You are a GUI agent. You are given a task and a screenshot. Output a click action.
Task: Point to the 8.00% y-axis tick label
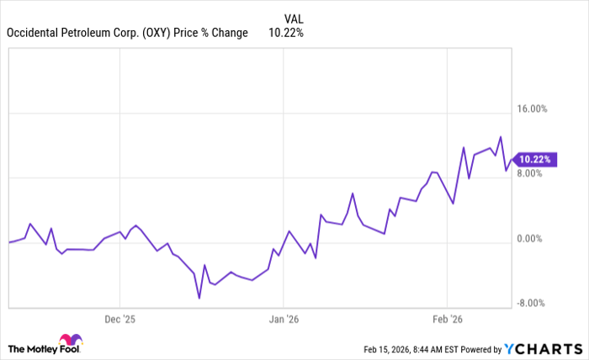(532, 174)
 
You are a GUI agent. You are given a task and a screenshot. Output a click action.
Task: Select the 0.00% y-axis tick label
(532, 239)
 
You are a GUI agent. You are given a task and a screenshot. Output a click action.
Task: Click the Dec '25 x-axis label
(119, 319)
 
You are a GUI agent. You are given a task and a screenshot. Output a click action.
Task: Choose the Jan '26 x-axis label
(284, 319)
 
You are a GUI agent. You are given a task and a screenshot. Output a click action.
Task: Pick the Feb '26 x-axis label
(447, 319)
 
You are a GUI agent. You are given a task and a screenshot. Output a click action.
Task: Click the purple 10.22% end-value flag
(535, 159)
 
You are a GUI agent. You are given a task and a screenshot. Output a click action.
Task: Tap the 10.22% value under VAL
(285, 33)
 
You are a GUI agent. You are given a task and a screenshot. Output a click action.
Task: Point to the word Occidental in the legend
(34, 33)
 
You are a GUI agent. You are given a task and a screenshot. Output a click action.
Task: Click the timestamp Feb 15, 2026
(390, 348)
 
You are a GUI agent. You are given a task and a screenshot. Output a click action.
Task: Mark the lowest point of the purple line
(199, 298)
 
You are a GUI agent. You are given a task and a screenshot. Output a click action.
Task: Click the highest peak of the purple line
(501, 136)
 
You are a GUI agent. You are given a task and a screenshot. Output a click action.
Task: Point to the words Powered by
(478, 348)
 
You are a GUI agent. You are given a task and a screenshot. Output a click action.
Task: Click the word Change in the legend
(229, 33)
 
